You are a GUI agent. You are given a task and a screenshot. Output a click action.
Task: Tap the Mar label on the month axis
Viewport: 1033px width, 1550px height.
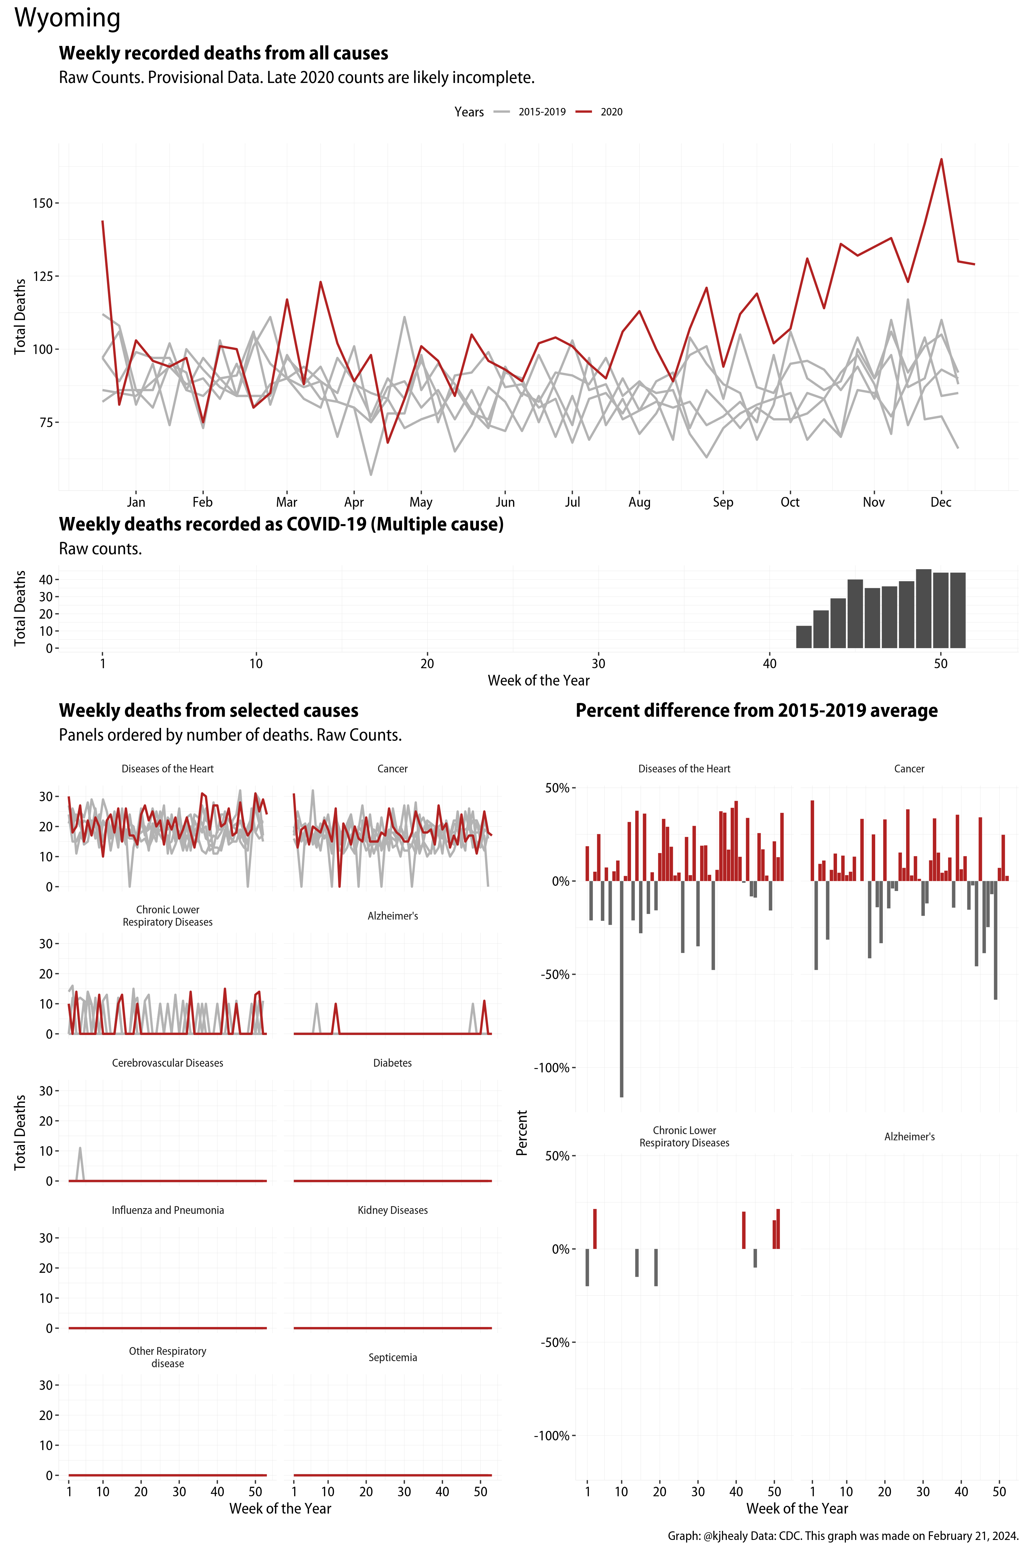(287, 502)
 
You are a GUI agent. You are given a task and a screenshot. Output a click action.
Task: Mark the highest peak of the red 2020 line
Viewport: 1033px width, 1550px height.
(941, 160)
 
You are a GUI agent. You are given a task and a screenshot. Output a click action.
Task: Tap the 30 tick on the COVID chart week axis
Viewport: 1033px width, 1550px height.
(598, 664)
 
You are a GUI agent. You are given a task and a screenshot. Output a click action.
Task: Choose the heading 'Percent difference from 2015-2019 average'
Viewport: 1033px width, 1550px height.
(756, 710)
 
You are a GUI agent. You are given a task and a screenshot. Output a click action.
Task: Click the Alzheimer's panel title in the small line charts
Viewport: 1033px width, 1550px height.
(393, 916)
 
